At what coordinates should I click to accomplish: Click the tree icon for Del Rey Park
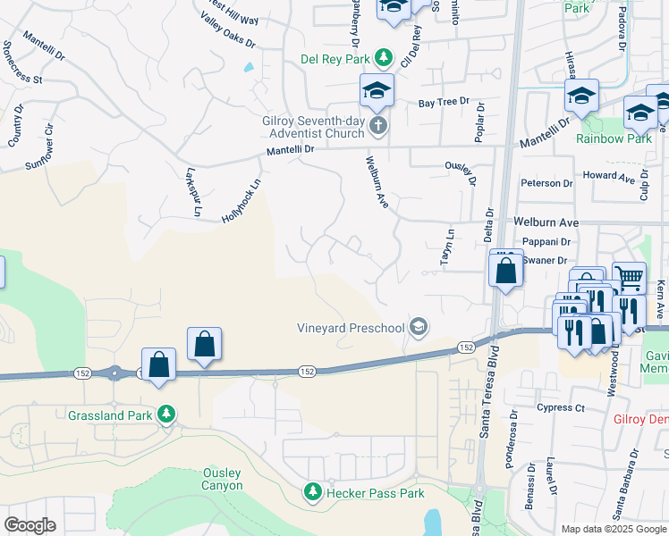pyautogui.click(x=384, y=58)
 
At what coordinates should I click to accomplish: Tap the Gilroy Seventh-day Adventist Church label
pyautogui.click(x=300, y=127)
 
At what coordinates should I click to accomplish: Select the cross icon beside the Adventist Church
pyautogui.click(x=378, y=126)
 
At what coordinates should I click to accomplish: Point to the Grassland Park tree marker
pyautogui.click(x=165, y=415)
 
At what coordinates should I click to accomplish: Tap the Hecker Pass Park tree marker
pyautogui.click(x=313, y=492)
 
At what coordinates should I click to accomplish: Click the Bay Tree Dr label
pyautogui.click(x=444, y=103)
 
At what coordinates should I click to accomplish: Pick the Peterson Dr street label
pyautogui.click(x=546, y=183)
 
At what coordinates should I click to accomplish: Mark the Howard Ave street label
pyautogui.click(x=600, y=176)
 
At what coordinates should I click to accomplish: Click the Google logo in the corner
pyautogui.click(x=30, y=524)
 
